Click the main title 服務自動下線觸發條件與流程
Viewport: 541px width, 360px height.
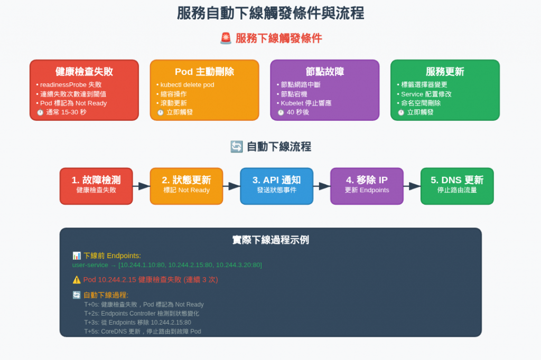[x=270, y=13]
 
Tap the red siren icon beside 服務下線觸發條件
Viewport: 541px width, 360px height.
[x=226, y=39]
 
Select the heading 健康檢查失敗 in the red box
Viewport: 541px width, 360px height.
[x=84, y=72]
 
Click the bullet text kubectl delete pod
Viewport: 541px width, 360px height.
[x=187, y=84]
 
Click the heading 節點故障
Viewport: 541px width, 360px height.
[x=324, y=72]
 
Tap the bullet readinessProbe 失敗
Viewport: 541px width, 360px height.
[x=71, y=84]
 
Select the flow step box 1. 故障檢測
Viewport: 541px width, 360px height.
[x=96, y=186]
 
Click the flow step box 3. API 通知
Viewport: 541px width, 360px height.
[x=276, y=186]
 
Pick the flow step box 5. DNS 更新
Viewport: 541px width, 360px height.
[x=457, y=186]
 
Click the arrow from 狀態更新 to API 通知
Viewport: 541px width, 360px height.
[x=231, y=186]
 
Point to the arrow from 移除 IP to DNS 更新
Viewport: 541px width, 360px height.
[x=412, y=186]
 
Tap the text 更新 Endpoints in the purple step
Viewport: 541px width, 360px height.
[x=367, y=191]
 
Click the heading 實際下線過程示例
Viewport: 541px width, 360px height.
[x=270, y=240]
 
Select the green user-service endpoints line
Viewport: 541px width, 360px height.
[x=167, y=265]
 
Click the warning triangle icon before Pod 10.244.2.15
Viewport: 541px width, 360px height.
[x=77, y=280]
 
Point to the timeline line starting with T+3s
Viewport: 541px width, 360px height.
[x=137, y=323]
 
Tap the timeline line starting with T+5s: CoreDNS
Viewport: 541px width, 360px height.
[x=143, y=331]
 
